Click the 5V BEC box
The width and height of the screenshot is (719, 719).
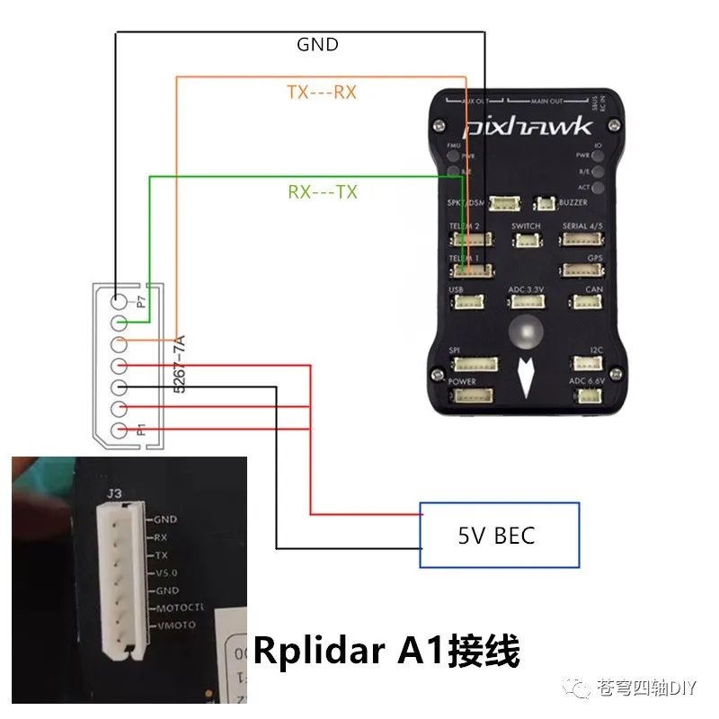(x=500, y=536)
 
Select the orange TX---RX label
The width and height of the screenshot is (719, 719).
(x=322, y=93)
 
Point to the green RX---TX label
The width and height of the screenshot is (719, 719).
(x=322, y=192)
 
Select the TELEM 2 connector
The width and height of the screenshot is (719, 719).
(x=471, y=239)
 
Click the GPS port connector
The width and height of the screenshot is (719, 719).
(x=581, y=270)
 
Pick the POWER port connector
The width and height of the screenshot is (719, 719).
(x=475, y=396)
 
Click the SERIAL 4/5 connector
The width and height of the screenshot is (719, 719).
(x=581, y=239)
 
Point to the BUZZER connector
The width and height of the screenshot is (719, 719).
(x=545, y=204)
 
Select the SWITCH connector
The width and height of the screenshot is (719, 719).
(x=526, y=240)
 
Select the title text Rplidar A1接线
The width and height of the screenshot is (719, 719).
(x=386, y=651)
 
